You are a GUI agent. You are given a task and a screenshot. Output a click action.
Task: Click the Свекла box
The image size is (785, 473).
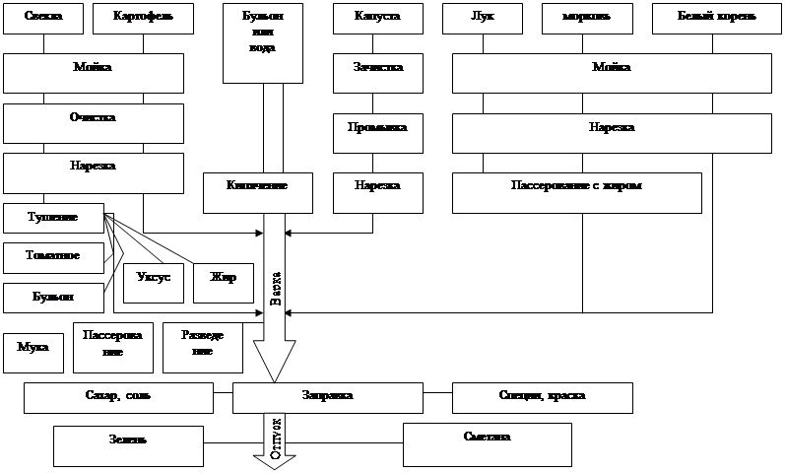[x=41, y=19]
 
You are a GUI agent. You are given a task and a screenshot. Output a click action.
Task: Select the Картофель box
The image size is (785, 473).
[x=138, y=19]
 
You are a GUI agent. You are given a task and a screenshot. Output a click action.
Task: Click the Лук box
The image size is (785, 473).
[x=483, y=19]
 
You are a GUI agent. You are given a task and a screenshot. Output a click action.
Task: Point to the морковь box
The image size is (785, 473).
[x=587, y=19]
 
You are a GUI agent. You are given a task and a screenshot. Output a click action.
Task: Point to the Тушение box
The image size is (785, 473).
[x=53, y=218]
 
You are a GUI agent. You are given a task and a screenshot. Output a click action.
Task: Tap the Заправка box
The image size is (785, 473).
[x=326, y=397]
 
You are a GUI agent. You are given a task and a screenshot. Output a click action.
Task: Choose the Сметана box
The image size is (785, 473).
[x=487, y=443]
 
